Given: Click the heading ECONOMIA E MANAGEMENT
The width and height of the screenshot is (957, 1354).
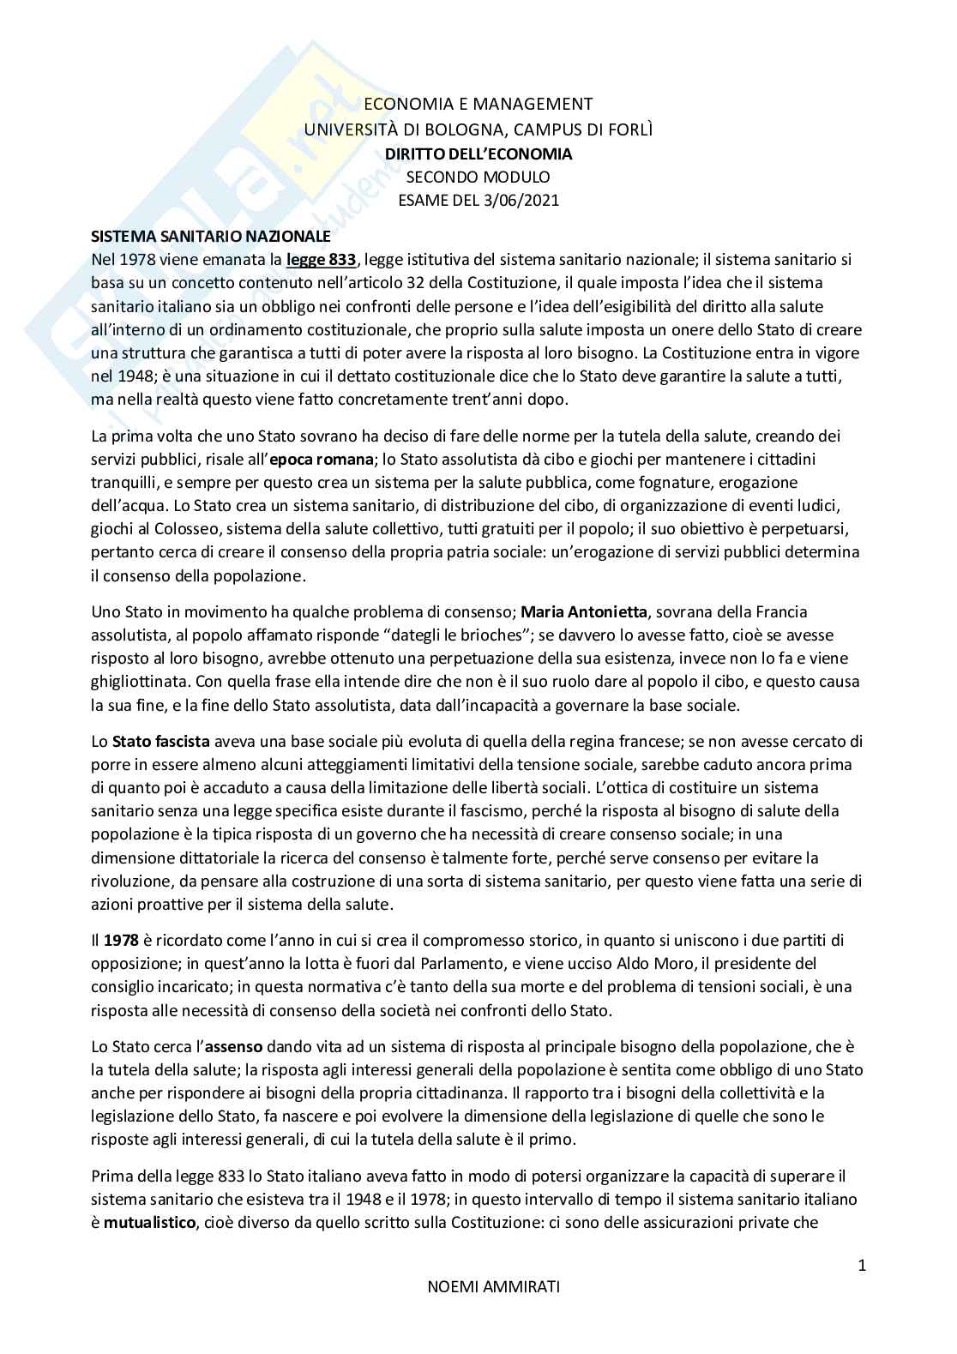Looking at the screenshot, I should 478,104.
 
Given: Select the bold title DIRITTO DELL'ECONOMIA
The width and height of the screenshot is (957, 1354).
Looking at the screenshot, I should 478,154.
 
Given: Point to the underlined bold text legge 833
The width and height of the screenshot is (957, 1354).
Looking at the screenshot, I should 321,259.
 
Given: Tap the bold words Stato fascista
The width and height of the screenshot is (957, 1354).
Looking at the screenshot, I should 161,741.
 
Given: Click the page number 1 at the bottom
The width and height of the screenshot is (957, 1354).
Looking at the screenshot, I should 862,1266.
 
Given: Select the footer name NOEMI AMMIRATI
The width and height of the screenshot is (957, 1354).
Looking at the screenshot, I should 477,1311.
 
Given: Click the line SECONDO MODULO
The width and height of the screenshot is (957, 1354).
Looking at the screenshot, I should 478,178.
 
